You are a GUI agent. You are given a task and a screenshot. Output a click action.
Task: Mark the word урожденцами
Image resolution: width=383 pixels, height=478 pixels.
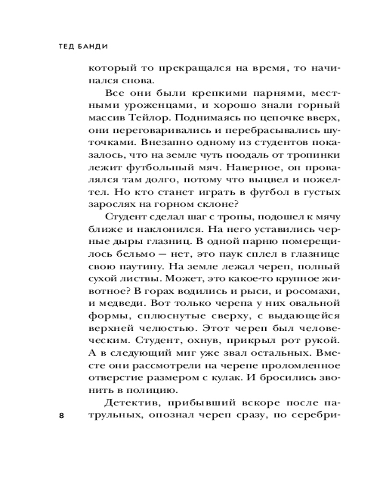(138, 105)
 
